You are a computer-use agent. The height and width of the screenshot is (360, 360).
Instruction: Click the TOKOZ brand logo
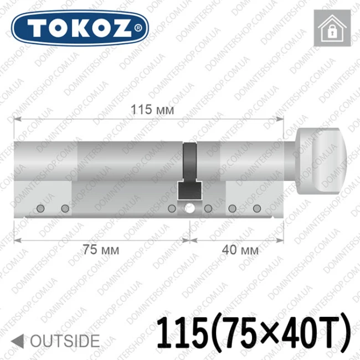80,28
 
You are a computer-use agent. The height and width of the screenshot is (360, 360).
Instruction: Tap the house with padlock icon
332,28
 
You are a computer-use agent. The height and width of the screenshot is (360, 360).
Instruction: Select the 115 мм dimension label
152,109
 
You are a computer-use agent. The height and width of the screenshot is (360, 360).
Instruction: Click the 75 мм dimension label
101,250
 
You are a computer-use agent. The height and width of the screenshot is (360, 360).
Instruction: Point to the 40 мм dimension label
240,250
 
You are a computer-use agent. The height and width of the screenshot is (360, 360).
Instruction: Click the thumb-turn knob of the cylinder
321,162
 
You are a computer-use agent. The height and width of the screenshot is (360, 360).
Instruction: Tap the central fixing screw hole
189,208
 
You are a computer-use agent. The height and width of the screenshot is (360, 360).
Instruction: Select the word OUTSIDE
65,341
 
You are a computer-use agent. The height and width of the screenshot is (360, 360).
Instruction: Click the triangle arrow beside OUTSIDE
18,341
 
